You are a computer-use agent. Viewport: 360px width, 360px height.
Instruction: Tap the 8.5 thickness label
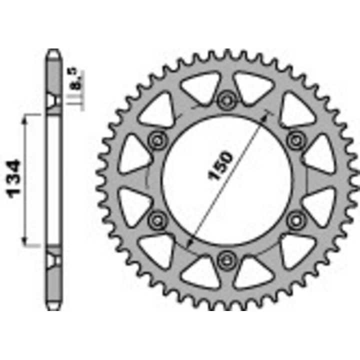[x=75, y=80]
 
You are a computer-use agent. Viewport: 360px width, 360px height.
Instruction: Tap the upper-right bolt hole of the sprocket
[x=296, y=139]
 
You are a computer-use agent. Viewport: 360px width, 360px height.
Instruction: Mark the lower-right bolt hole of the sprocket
[x=296, y=218]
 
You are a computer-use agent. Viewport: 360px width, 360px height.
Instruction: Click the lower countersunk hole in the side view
[x=53, y=259]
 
